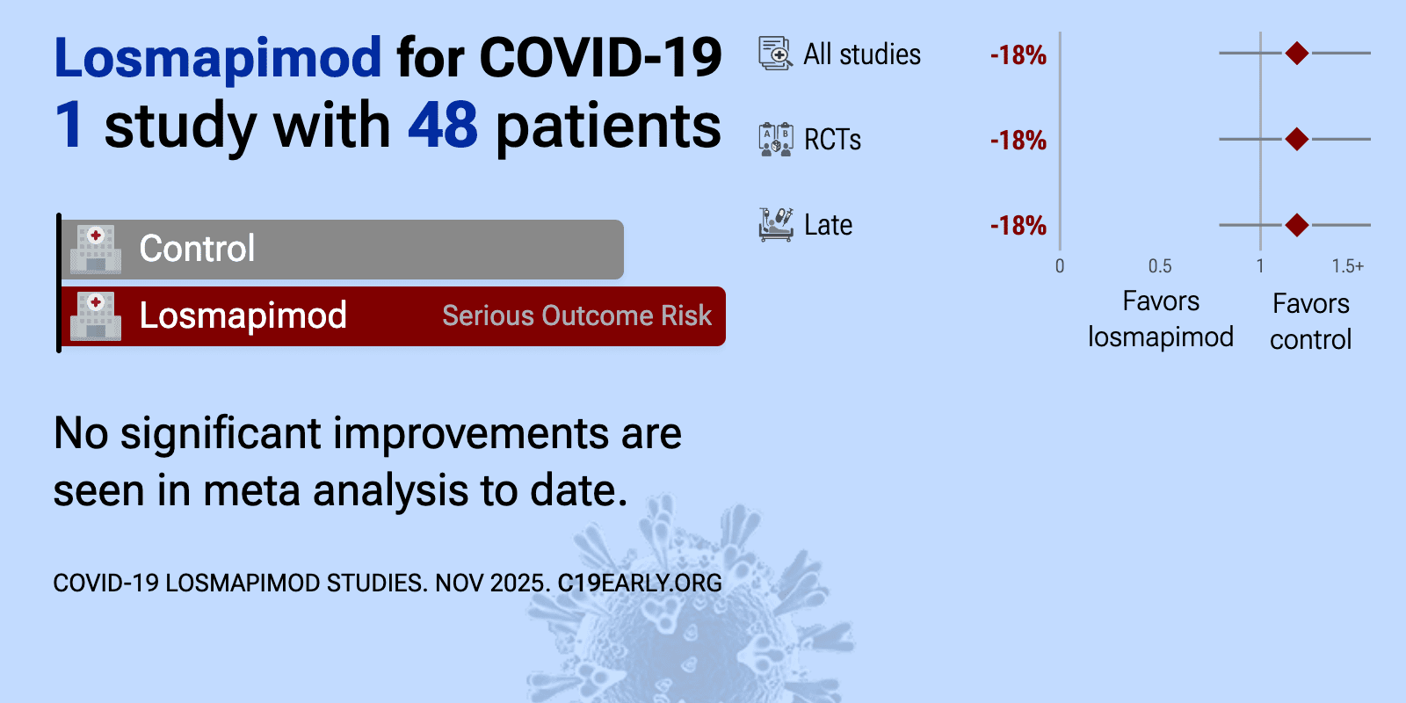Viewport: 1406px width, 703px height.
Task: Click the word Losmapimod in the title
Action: tap(218, 58)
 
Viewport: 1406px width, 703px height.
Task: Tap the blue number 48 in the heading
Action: tap(443, 124)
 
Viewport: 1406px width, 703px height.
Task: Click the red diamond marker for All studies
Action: tap(1297, 54)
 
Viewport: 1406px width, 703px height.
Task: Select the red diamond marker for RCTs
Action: tap(1297, 139)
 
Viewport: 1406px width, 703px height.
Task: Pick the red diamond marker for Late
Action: tap(1297, 225)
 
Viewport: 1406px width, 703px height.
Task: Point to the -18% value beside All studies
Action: tap(1018, 55)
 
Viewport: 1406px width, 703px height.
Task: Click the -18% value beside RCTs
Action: tap(1018, 141)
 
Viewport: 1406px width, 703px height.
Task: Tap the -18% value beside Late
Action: tap(1018, 226)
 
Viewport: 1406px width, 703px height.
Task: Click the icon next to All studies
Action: tap(776, 54)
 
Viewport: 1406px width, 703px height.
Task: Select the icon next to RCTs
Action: tap(776, 140)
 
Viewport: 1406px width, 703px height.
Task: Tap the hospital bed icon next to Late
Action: tap(776, 225)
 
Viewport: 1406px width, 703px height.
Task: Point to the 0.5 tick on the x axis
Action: tap(1160, 266)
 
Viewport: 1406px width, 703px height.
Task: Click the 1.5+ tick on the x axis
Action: tap(1348, 266)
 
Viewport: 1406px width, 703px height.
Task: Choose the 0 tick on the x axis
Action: tap(1060, 266)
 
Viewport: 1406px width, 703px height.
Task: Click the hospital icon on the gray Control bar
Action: tap(96, 250)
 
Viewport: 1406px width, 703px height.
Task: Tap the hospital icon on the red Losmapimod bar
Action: tap(96, 316)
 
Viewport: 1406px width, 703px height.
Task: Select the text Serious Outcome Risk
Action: tap(576, 315)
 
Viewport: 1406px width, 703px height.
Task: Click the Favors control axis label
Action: tap(1310, 322)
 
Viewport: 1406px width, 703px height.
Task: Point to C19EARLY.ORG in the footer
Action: tap(640, 583)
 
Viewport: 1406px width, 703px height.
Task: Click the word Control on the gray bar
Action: tap(197, 249)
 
